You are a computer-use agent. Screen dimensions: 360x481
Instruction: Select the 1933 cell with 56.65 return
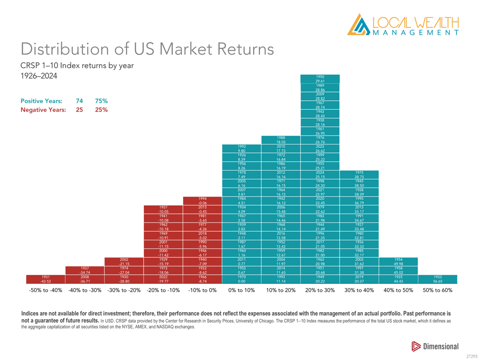[x=438, y=279]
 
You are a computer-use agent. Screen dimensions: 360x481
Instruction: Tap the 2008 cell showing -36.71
[x=84, y=279]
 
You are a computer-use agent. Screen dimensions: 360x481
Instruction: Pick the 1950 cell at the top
[x=320, y=79]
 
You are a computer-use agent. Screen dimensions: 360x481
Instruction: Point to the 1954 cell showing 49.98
[x=398, y=262]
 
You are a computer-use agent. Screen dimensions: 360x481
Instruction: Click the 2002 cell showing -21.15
[x=124, y=262]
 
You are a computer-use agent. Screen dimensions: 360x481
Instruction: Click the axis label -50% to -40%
[x=44, y=291]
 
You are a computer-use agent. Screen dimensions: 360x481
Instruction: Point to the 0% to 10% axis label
[x=241, y=291]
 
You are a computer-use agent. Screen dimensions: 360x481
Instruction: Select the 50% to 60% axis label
[x=438, y=291]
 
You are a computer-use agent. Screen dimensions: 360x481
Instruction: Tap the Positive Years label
[x=41, y=101]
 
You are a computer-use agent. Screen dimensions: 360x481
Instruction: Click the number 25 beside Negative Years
[x=79, y=110]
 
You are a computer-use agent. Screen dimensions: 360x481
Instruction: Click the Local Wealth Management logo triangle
[x=357, y=25]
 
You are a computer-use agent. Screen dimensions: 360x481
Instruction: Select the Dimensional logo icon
[x=416, y=346]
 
